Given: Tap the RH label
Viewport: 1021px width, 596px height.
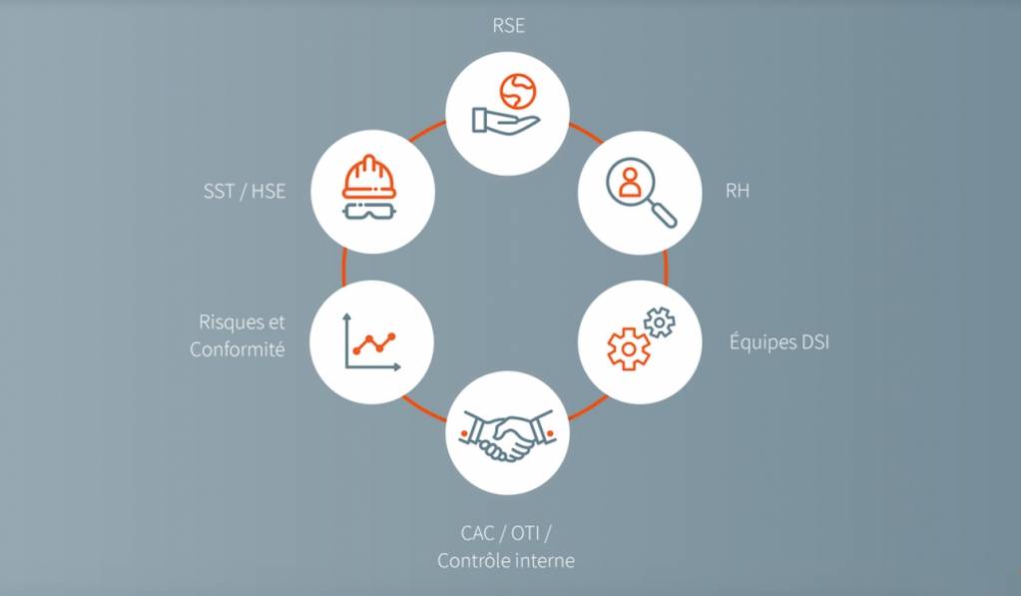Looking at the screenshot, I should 738,191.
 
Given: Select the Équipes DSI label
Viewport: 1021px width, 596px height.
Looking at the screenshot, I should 779,343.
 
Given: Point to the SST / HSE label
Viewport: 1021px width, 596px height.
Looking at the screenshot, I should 244,191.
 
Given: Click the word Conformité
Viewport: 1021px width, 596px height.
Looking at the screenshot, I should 238,349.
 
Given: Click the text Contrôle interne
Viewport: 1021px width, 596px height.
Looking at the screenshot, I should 506,560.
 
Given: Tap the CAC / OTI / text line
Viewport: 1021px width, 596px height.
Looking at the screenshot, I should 506,532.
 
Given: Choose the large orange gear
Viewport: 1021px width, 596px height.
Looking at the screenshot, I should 629,348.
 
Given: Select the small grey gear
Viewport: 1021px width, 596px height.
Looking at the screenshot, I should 660,322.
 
